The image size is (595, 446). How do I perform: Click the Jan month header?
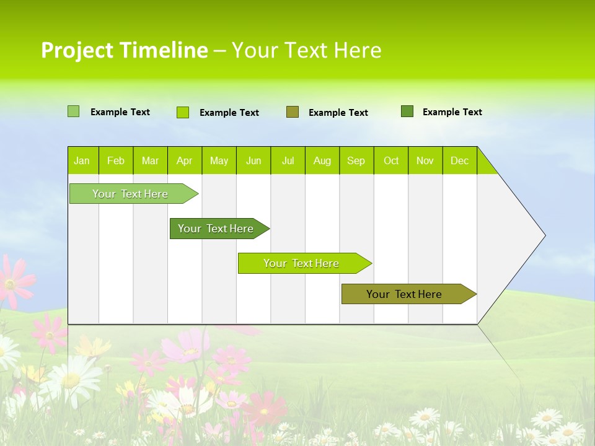click(x=82, y=160)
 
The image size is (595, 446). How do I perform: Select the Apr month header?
click(x=185, y=160)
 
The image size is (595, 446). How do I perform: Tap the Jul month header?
click(x=288, y=160)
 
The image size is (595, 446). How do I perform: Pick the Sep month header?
click(x=356, y=160)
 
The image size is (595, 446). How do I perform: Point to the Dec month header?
click(x=459, y=160)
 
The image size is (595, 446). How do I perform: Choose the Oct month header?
click(x=391, y=160)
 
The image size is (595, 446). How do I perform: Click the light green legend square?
click(x=73, y=111)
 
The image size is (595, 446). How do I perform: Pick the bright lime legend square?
click(x=182, y=112)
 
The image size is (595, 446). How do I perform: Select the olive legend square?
click(x=293, y=112)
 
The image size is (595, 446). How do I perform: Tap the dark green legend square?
click(x=407, y=111)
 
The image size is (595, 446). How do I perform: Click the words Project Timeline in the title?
click(x=124, y=50)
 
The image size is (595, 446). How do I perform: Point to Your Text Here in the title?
click(x=307, y=50)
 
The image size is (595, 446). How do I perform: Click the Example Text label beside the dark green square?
click(x=452, y=112)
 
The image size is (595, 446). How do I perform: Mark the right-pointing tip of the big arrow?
click(x=544, y=235)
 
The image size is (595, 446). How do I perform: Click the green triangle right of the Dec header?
click(x=485, y=165)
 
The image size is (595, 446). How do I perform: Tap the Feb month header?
click(x=116, y=160)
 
